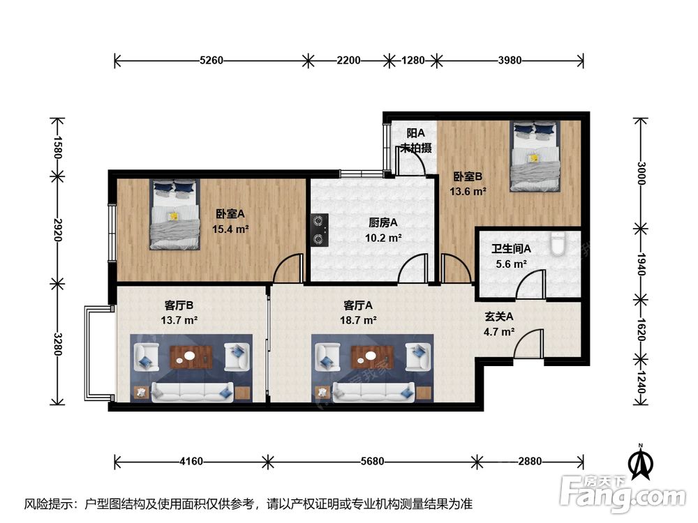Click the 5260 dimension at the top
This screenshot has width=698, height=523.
pos(211,60)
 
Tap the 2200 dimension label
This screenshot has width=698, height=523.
pos(348,60)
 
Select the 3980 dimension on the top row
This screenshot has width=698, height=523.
pos(510,60)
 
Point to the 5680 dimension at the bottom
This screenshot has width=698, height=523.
pos(372,462)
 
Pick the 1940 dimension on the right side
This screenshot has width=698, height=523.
pos(641,264)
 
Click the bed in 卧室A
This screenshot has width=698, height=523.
pos(174,214)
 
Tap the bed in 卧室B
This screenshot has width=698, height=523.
pos(535,156)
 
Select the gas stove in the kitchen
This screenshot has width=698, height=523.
pos(319,230)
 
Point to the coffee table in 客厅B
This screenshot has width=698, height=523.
pos(191,356)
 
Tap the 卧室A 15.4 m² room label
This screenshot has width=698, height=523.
pos(230,222)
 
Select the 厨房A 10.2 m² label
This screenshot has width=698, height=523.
pos(383,230)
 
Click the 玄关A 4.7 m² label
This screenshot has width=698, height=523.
pos(499,324)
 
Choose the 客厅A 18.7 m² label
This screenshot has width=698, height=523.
pos(358,312)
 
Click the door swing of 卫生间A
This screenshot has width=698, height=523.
pos(530,284)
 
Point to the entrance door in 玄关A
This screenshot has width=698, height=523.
pos(528,344)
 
